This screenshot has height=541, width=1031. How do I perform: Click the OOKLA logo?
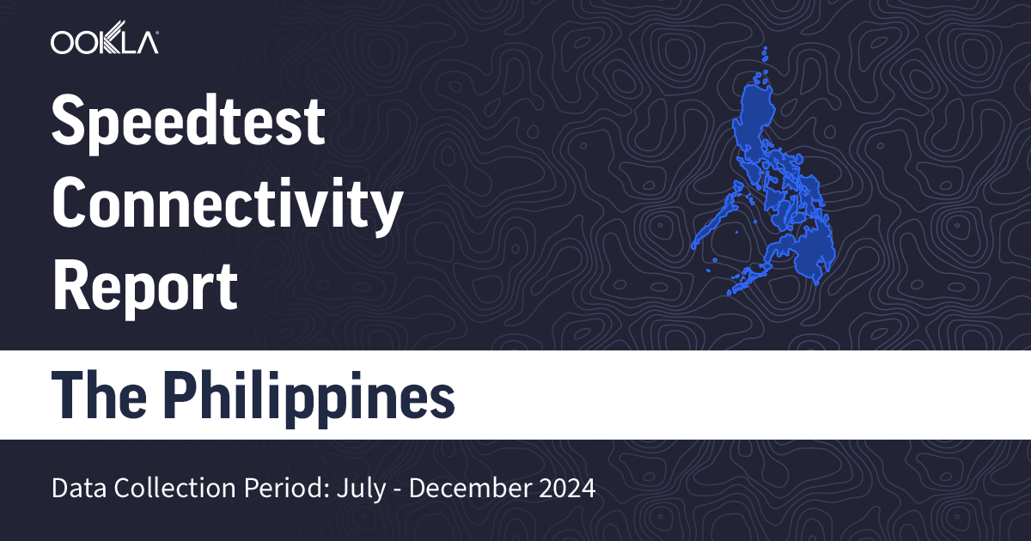(x=104, y=42)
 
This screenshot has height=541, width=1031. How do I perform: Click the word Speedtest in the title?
(x=189, y=122)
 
